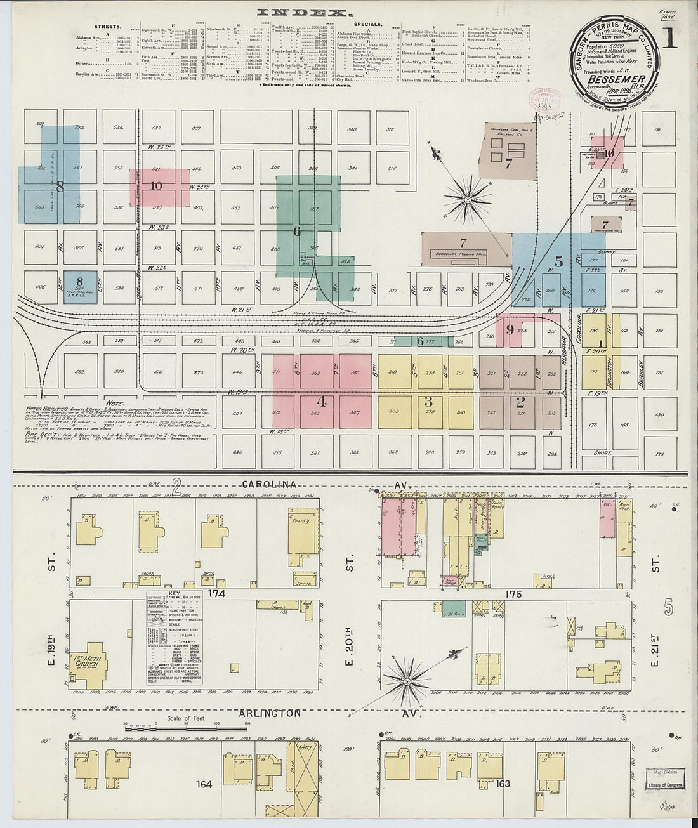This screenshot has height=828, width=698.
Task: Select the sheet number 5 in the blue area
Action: pos(558,261)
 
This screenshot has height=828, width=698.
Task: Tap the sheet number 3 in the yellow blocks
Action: pos(428,401)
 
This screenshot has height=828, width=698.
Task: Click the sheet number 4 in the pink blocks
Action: pos(322,401)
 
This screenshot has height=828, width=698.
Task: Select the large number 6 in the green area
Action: pos(296,232)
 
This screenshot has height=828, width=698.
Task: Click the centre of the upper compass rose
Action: pos(468,199)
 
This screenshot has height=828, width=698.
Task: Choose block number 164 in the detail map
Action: pos(204,785)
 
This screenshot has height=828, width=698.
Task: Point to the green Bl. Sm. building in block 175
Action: pos(452,607)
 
